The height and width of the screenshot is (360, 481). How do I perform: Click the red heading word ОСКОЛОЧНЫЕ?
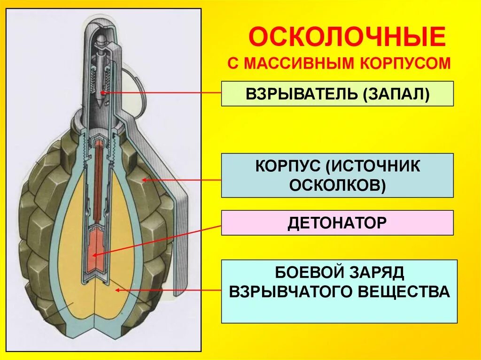pyautogui.click(x=347, y=38)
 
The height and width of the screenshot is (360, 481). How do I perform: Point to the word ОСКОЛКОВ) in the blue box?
pyautogui.click(x=337, y=185)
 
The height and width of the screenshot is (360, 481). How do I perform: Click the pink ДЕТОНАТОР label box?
pyautogui.click(x=337, y=222)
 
